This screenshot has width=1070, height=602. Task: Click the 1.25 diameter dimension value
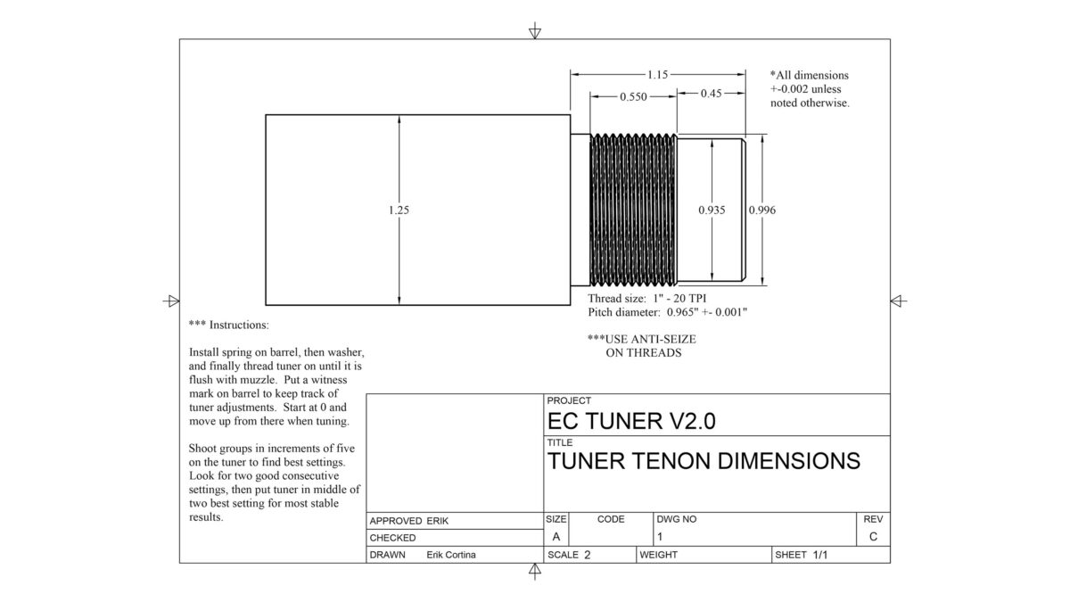click(399, 210)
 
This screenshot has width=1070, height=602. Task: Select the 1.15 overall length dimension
click(658, 76)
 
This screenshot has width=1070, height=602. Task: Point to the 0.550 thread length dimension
click(632, 96)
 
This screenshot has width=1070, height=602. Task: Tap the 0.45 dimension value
click(711, 93)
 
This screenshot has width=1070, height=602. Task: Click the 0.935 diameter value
click(711, 210)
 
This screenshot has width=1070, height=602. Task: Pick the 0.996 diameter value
click(762, 210)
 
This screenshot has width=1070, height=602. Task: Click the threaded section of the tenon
click(633, 210)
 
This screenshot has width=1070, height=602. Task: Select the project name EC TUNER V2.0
click(631, 421)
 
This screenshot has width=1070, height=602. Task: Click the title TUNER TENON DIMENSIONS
click(704, 461)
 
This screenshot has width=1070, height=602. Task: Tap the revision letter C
click(872, 537)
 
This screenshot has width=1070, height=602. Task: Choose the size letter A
click(556, 537)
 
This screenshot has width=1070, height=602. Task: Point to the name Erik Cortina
click(451, 555)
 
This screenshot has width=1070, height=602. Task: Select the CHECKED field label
click(392, 538)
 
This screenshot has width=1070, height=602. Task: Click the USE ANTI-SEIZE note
click(641, 346)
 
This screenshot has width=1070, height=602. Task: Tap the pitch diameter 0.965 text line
click(667, 312)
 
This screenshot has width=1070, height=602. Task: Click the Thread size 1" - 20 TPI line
click(648, 298)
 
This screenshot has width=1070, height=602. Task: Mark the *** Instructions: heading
click(228, 325)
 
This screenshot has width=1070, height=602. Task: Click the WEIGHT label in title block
click(659, 555)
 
